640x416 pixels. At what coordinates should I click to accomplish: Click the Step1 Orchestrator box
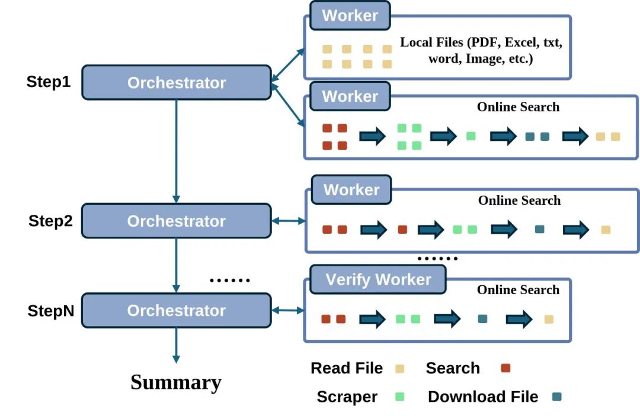(x=176, y=82)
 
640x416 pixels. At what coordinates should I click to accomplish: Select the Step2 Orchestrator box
(x=176, y=221)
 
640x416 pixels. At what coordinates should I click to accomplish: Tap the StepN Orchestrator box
(x=176, y=310)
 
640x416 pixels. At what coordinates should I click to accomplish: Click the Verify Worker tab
(x=378, y=279)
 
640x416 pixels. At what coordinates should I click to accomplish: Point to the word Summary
(x=176, y=382)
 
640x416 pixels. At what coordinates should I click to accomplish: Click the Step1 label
(x=49, y=82)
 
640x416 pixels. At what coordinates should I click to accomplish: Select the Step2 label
(x=50, y=221)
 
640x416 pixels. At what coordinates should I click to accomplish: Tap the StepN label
(x=51, y=311)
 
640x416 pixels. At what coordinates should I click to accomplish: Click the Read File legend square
(x=400, y=369)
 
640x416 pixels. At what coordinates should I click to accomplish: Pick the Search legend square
(x=505, y=368)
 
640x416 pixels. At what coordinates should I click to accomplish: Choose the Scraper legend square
(x=400, y=397)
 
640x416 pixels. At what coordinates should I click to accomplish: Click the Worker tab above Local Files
(x=350, y=16)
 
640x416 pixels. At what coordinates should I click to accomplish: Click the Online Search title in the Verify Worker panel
(x=518, y=290)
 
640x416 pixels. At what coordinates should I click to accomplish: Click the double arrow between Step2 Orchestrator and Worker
(x=288, y=221)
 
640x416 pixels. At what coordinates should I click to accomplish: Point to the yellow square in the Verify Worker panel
(x=549, y=320)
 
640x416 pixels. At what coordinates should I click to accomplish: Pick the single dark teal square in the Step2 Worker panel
(x=539, y=229)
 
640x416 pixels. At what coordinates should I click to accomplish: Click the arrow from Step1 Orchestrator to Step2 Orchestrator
(x=176, y=151)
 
